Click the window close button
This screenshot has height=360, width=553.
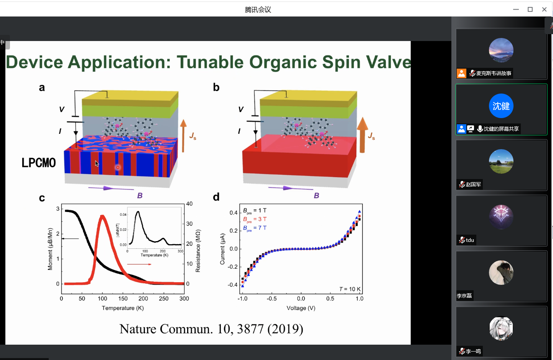click(x=544, y=10)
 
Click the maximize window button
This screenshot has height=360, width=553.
click(x=530, y=10)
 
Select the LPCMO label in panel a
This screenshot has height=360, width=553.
click(x=39, y=163)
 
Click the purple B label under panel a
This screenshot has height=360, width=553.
click(x=140, y=196)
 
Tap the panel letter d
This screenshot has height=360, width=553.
click(x=216, y=197)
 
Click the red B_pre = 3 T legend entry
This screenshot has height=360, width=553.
click(x=255, y=219)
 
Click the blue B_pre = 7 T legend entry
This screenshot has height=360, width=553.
click(x=255, y=228)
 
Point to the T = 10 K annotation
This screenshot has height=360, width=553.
click(x=350, y=289)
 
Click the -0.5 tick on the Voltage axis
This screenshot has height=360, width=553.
click(x=272, y=299)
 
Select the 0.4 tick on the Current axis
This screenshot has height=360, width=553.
click(x=234, y=213)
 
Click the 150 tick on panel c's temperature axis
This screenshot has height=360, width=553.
click(x=123, y=299)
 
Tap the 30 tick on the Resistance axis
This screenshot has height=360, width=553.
click(x=189, y=224)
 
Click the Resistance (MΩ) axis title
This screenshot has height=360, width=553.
click(x=198, y=251)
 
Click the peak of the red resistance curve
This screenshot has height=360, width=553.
click(x=102, y=216)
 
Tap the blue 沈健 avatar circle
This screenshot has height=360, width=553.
click(x=501, y=106)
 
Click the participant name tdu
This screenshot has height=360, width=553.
click(x=470, y=240)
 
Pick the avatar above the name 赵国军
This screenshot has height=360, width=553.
click(x=501, y=161)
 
